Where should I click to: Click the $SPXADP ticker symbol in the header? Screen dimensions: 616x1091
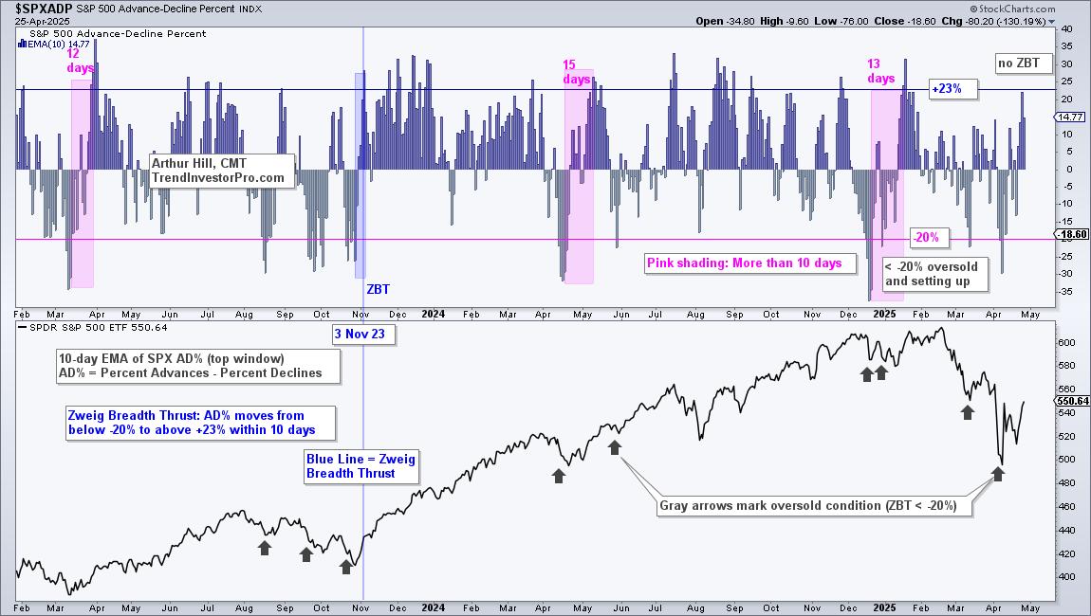pos(38,8)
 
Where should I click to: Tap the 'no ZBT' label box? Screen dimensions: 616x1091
pos(1018,63)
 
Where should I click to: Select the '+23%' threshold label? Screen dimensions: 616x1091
pos(946,89)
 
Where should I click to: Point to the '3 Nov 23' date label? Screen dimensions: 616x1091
pos(337,334)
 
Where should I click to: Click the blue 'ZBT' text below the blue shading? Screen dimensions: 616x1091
pos(378,288)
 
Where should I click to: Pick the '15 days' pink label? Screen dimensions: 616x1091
pos(576,72)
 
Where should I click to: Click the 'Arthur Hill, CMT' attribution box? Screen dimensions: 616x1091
pos(217,170)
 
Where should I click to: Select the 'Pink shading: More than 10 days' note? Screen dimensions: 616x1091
pos(744,263)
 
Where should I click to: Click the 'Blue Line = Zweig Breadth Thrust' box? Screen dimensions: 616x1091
pos(360,465)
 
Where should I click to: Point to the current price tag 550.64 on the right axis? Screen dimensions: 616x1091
pos(1073,401)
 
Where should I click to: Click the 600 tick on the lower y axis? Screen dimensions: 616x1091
pos(1065,342)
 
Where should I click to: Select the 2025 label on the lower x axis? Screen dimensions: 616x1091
pos(883,607)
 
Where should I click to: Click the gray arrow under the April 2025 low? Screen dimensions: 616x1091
pos(997,473)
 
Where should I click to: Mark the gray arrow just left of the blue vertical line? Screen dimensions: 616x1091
pos(346,567)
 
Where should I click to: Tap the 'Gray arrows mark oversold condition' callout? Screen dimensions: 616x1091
pos(814,505)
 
